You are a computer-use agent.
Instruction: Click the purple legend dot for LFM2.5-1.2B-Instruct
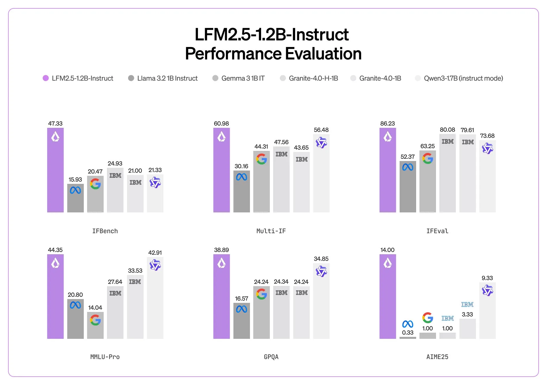point(46,78)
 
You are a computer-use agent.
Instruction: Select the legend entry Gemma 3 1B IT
point(242,78)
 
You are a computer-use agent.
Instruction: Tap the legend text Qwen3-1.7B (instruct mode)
point(463,78)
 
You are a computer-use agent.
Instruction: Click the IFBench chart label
point(105,231)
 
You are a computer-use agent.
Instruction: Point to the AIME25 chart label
point(437,357)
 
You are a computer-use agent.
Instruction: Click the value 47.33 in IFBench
point(55,124)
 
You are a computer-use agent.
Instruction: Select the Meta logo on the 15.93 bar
point(75,190)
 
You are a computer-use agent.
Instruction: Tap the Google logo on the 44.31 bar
point(261,159)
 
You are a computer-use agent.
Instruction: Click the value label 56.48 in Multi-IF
point(321,130)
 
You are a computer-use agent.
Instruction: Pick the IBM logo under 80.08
point(447,141)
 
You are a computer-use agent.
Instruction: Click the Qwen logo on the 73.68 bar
point(487,148)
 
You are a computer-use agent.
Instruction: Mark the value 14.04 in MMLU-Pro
point(95,308)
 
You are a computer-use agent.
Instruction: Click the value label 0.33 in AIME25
point(408,332)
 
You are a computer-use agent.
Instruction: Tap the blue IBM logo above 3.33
point(467,304)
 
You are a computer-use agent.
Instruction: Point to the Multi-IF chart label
point(271,231)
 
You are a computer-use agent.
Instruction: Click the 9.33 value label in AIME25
point(487,278)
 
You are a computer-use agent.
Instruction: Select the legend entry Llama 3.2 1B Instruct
point(167,78)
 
